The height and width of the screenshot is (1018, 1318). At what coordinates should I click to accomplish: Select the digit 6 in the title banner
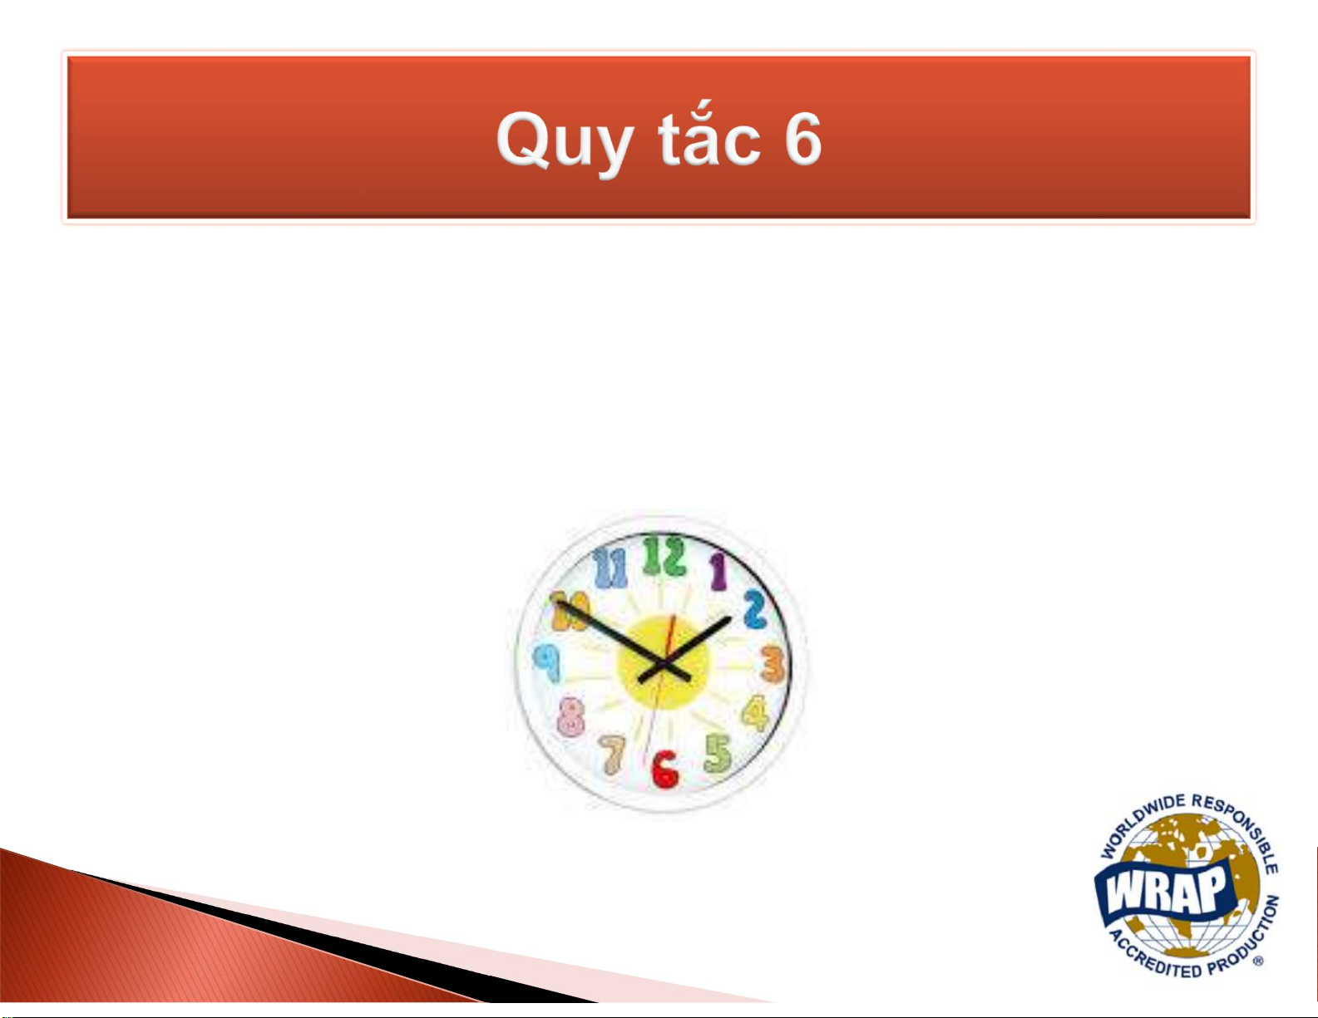pyautogui.click(x=802, y=139)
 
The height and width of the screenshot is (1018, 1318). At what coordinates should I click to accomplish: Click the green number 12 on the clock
pyautogui.click(x=664, y=556)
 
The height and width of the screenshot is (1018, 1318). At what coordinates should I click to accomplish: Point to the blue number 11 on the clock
pyautogui.click(x=610, y=568)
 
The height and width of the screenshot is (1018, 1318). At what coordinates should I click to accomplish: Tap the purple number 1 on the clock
pyautogui.click(x=718, y=572)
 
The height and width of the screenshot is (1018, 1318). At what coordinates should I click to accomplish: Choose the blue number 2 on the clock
pyautogui.click(x=755, y=609)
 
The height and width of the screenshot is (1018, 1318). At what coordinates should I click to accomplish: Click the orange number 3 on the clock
pyautogui.click(x=773, y=663)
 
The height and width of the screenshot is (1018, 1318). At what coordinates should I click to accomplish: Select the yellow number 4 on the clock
pyautogui.click(x=756, y=713)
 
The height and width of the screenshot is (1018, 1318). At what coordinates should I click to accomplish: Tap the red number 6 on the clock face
pyautogui.click(x=664, y=770)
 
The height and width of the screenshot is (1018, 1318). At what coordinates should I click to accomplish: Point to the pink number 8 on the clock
pyautogui.click(x=570, y=716)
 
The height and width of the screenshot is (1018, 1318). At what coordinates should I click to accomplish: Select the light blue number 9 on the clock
pyautogui.click(x=548, y=663)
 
